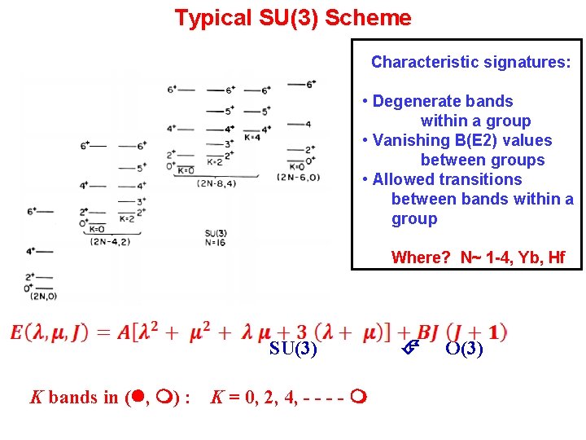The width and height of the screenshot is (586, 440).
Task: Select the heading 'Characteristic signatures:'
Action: pyautogui.click(x=470, y=62)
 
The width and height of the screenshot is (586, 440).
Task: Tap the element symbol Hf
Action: pyautogui.click(x=556, y=258)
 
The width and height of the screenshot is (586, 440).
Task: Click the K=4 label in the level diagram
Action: pyautogui.click(x=252, y=137)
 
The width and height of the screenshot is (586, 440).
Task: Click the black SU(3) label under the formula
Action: pyautogui.click(x=294, y=350)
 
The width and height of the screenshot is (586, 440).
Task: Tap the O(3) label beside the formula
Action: pyautogui.click(x=465, y=350)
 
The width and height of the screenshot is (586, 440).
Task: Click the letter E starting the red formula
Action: pyautogui.click(x=17, y=332)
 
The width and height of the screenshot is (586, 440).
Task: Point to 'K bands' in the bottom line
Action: pyautogui.click(x=62, y=398)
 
